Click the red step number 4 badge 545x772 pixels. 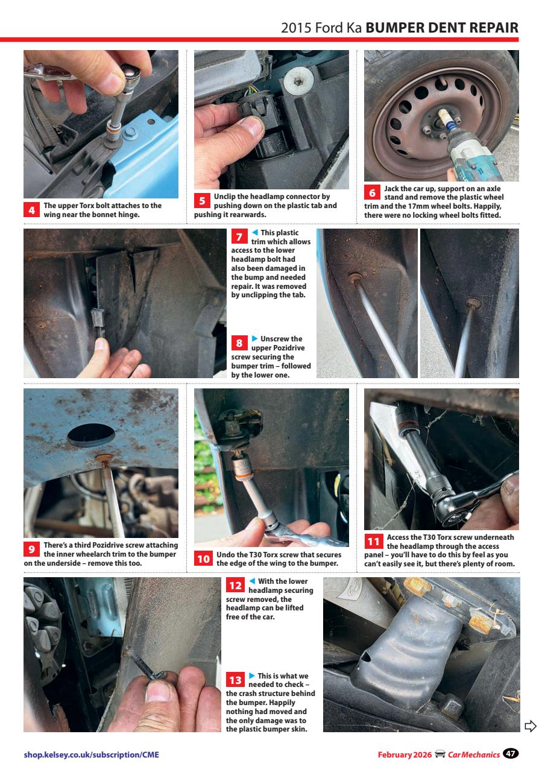pos(31,210)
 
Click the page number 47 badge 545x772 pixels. pos(511,753)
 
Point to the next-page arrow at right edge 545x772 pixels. pos(530,726)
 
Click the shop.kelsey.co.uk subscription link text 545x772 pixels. pos(92,755)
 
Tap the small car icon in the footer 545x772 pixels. pos(440,755)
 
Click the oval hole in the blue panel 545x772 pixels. pos(90,435)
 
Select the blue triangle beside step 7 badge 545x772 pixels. pos(254,233)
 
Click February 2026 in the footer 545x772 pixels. pos(405,755)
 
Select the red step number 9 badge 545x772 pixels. pos(31,549)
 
